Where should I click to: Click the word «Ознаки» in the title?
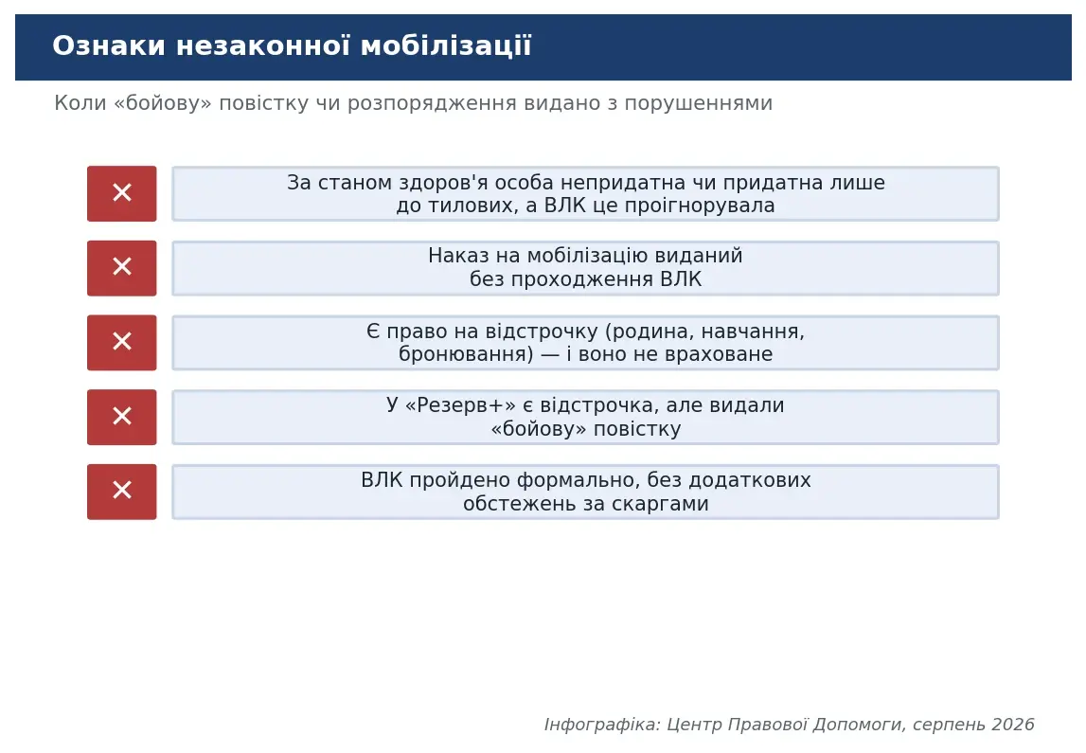coord(109,45)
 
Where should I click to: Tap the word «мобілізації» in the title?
coord(446,45)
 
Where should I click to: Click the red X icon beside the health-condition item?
coord(122,193)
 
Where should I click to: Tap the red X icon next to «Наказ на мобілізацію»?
coord(122,268)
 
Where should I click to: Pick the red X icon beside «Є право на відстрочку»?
coord(122,342)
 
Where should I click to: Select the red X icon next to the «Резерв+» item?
coord(122,417)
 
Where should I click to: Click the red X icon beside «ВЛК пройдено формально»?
coord(122,492)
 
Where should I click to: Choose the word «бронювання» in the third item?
coord(466,354)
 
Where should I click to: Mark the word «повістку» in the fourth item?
coord(637,429)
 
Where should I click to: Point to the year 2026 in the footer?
coord(1013,725)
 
